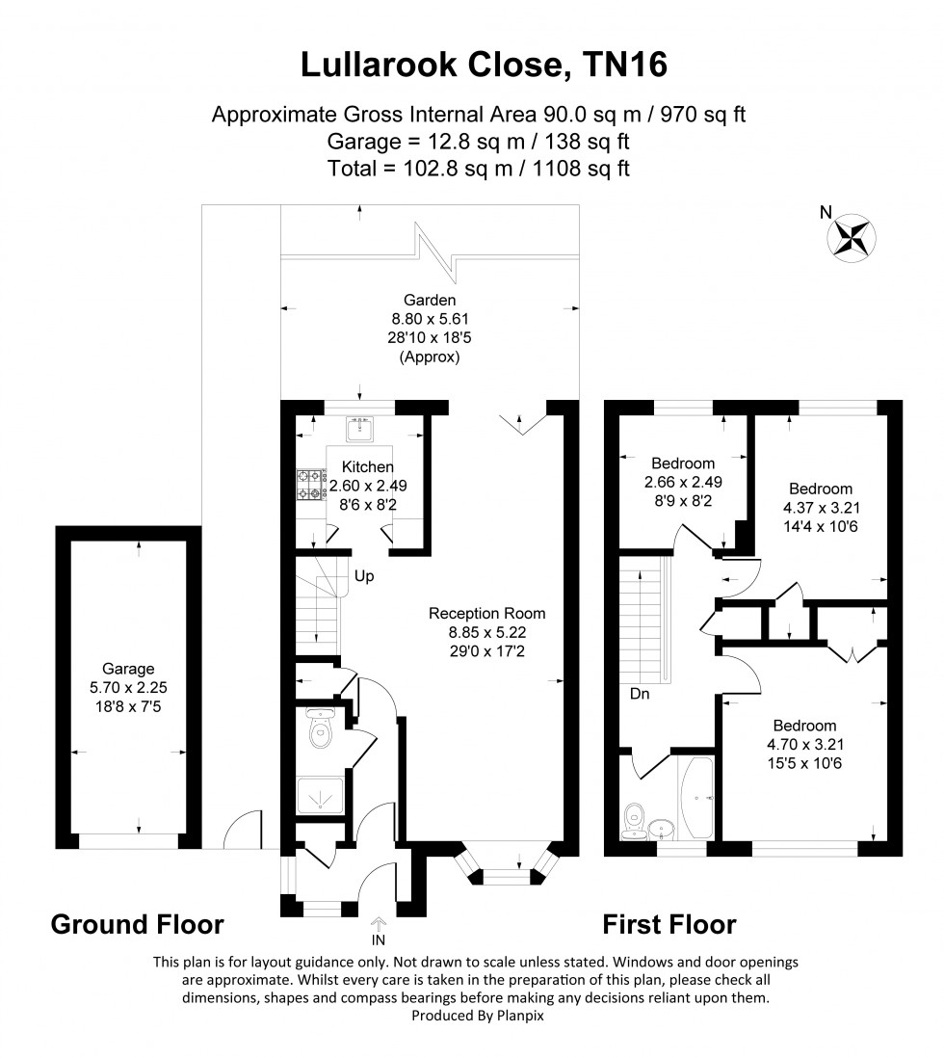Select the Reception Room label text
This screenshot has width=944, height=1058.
pyautogui.click(x=487, y=613)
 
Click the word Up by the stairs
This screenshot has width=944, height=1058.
pyautogui.click(x=364, y=576)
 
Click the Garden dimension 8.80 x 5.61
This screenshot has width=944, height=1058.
pyautogui.click(x=431, y=317)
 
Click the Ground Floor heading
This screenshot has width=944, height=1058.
pyautogui.click(x=137, y=925)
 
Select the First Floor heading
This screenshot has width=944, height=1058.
pyautogui.click(x=669, y=925)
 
